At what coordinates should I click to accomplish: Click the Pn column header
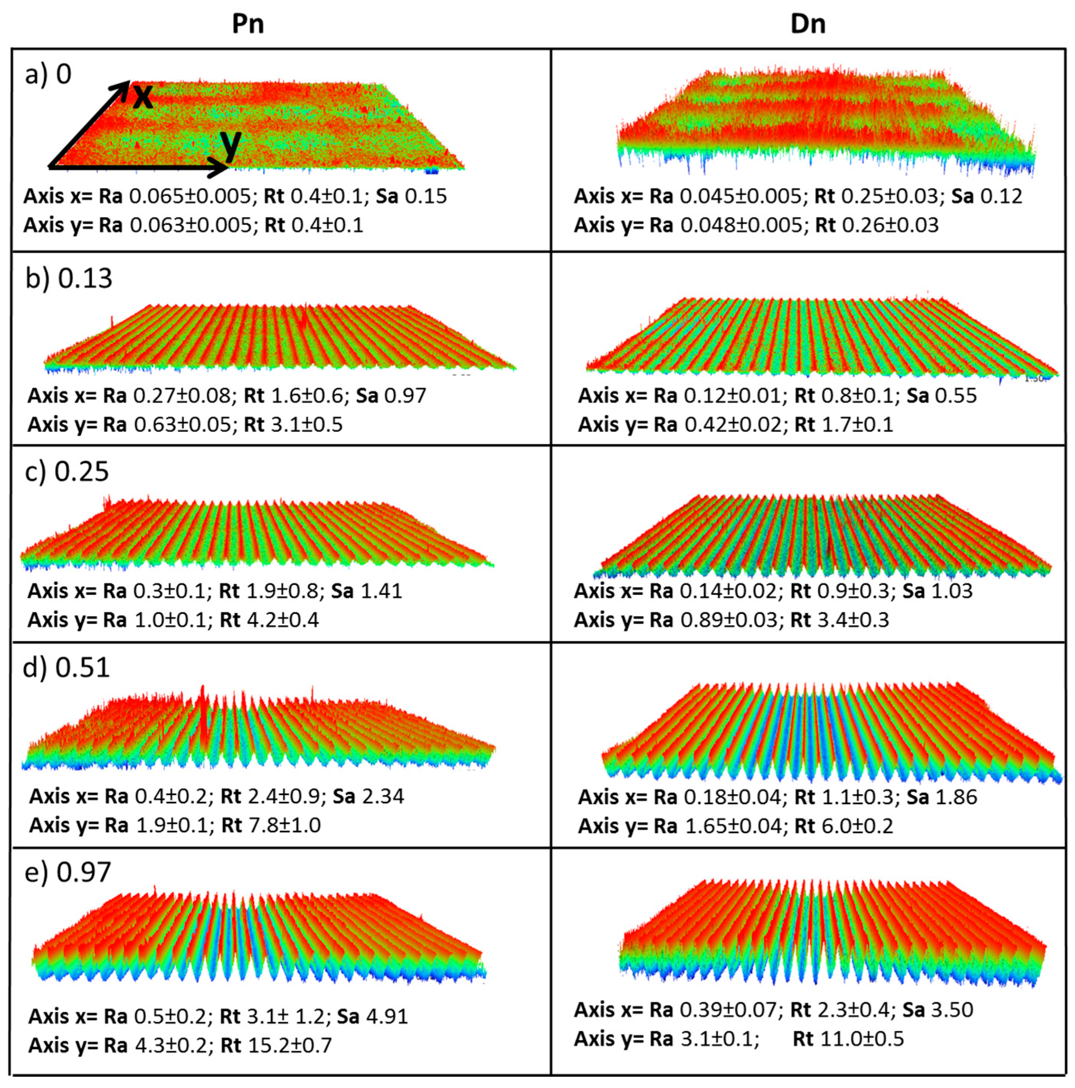click(x=248, y=24)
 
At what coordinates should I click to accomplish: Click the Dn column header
click(x=808, y=24)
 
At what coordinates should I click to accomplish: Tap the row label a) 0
click(x=48, y=74)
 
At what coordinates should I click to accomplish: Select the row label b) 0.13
click(x=69, y=278)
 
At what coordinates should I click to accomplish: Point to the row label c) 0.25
click(x=67, y=472)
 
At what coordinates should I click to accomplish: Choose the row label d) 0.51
click(x=66, y=667)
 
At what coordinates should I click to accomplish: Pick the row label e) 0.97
click(x=68, y=872)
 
